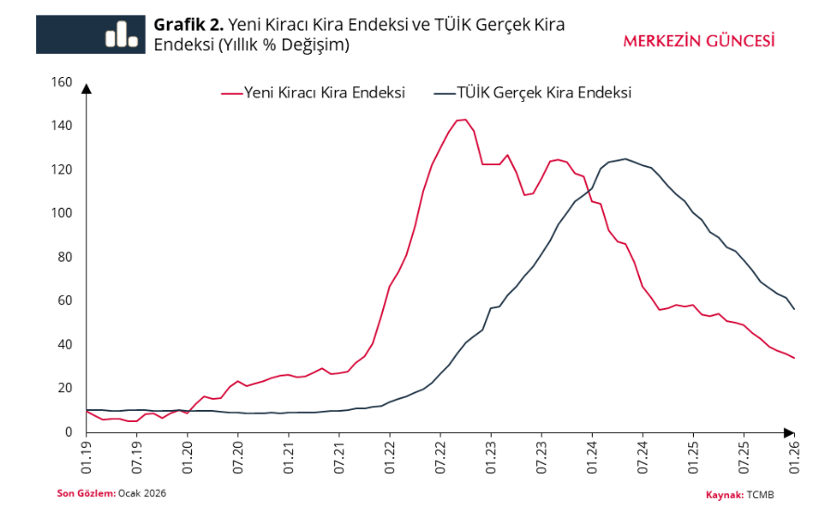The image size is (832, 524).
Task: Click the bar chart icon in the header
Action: pos(121,34)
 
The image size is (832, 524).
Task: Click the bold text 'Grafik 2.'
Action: pos(187,24)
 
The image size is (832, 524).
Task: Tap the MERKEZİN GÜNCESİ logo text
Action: pos(698,41)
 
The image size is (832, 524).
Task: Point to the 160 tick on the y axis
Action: pos(61,83)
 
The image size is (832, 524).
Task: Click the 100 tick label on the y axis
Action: pos(61,213)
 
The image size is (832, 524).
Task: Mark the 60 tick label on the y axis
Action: pos(64,300)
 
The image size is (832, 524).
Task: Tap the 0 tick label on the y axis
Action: pos(68,432)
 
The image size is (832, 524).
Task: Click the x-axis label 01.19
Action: pos(86,457)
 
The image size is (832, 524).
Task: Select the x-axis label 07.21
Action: pos(339,457)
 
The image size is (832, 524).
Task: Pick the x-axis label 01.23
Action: pos(491,457)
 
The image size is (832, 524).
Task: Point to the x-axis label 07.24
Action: pos(642,457)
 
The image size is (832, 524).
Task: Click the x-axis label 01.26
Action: pos(794,457)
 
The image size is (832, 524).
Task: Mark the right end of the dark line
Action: pos(794,309)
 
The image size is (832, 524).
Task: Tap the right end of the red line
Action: pos(794,358)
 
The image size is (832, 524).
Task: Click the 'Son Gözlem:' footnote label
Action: pos(86,493)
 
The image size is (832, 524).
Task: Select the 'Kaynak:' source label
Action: pos(724,495)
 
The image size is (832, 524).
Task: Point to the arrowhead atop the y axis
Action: pos(86,89)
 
